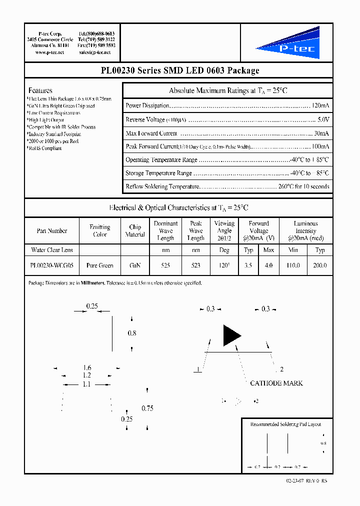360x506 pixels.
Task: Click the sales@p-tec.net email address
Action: click(x=96, y=52)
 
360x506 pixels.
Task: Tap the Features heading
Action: click(x=40, y=90)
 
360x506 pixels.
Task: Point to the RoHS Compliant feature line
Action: click(x=44, y=148)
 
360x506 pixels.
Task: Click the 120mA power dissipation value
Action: click(x=320, y=106)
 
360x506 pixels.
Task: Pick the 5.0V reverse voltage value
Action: click(x=323, y=119)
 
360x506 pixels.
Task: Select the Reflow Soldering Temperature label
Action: click(x=162, y=186)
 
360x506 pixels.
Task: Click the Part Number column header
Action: click(x=52, y=231)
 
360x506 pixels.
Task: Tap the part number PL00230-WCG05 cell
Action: click(x=52, y=265)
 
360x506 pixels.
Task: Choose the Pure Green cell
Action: click(x=100, y=265)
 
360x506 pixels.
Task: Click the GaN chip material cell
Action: click(x=135, y=265)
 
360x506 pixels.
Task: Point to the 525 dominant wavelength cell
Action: click(x=165, y=265)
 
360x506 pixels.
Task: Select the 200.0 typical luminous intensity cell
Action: click(x=320, y=265)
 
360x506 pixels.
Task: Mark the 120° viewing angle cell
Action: click(x=224, y=265)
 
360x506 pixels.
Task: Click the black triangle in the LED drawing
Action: click(x=231, y=335)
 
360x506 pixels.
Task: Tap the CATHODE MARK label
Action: click(x=276, y=383)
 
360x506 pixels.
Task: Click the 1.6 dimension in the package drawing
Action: click(x=87, y=368)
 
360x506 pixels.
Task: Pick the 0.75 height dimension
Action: click(x=147, y=408)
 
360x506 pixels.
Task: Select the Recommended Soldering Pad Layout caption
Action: click(x=285, y=424)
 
